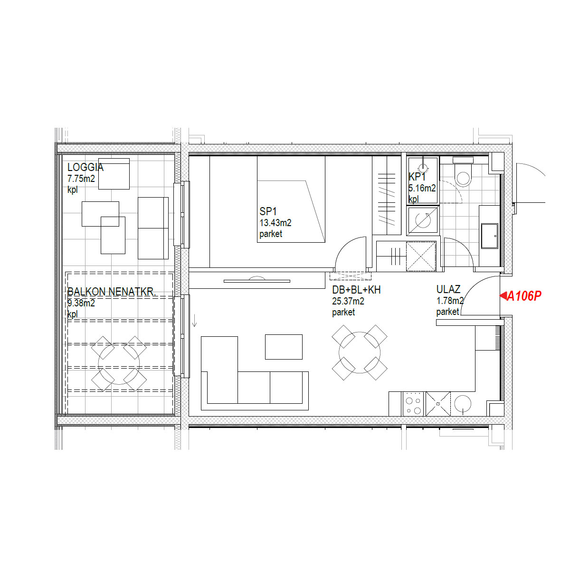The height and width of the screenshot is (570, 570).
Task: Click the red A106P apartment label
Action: (524, 295)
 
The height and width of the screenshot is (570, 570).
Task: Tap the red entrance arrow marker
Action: (503, 295)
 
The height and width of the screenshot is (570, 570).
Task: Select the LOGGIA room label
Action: (85, 167)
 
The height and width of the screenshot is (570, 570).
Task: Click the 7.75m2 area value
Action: (81, 179)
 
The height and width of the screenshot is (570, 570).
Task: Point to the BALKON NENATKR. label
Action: (111, 292)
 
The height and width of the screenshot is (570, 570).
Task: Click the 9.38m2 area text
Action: (81, 303)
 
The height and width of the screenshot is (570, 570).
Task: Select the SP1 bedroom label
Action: (268, 211)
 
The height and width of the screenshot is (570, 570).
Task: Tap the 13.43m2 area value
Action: (275, 223)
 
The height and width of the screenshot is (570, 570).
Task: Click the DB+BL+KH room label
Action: (356, 290)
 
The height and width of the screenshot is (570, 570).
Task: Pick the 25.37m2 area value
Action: (348, 301)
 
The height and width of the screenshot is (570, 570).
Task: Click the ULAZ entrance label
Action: (448, 289)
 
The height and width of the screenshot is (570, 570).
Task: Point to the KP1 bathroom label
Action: (417, 177)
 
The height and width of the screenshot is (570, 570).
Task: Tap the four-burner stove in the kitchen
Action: (413, 404)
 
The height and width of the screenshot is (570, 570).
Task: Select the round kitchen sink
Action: (463, 404)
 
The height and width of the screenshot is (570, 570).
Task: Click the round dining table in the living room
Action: (360, 352)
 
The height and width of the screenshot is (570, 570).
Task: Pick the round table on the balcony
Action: (119, 364)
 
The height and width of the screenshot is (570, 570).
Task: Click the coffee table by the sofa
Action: (284, 347)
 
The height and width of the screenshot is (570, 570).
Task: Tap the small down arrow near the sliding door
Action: (194, 321)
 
